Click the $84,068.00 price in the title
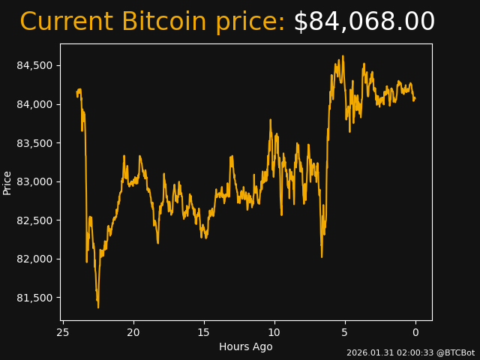[364, 22]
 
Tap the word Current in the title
[66, 22]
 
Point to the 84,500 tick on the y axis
[34, 65]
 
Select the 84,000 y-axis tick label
[34, 104]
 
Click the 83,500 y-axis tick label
[34, 143]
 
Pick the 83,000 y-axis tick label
[34, 181]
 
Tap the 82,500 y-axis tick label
[34, 220]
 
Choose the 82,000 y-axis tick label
[34, 259]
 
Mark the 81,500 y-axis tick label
[34, 298]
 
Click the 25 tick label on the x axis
[63, 332]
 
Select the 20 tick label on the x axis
[133, 332]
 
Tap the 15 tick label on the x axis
[204, 332]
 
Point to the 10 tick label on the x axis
[274, 332]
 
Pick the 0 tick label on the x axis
[415, 332]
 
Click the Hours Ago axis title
[246, 346]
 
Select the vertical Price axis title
[7, 182]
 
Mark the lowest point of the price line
[98, 307]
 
